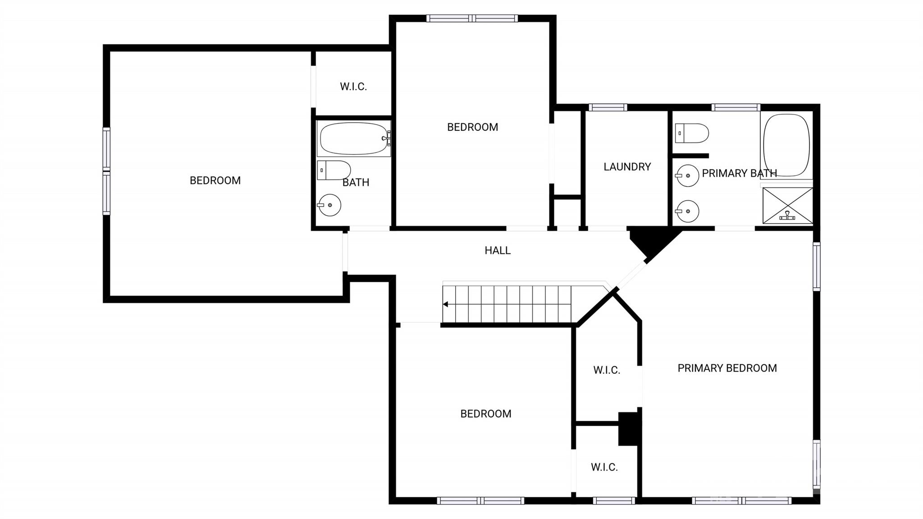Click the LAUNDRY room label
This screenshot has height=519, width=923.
[x=627, y=167]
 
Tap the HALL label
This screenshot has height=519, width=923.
[x=498, y=250]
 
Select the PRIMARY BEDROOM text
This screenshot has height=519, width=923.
[x=727, y=368]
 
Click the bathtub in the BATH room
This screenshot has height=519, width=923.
[x=354, y=138]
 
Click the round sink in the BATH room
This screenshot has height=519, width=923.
[x=329, y=205]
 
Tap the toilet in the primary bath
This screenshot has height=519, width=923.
[x=692, y=133]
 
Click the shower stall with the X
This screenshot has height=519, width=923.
[x=787, y=206]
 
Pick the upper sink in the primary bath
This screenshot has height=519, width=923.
[x=687, y=175]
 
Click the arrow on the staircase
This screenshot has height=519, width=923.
[x=445, y=304]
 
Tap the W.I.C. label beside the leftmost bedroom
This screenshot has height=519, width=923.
[x=353, y=87]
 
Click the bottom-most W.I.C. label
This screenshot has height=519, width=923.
[x=604, y=467]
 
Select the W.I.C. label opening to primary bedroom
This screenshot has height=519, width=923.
[x=607, y=370]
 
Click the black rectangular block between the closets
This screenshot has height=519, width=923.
[x=629, y=429]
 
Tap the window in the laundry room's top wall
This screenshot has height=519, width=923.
[x=608, y=107]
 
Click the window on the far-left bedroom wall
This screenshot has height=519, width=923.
[x=106, y=171]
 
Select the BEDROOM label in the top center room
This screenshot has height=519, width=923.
[x=472, y=127]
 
